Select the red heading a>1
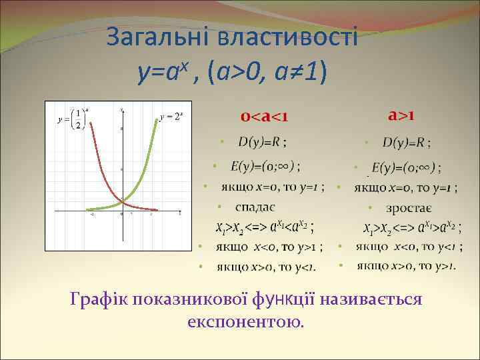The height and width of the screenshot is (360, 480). point(403,115)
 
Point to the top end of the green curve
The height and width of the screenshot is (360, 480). point(158,121)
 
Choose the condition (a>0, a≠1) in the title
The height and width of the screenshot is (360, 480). point(267,70)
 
